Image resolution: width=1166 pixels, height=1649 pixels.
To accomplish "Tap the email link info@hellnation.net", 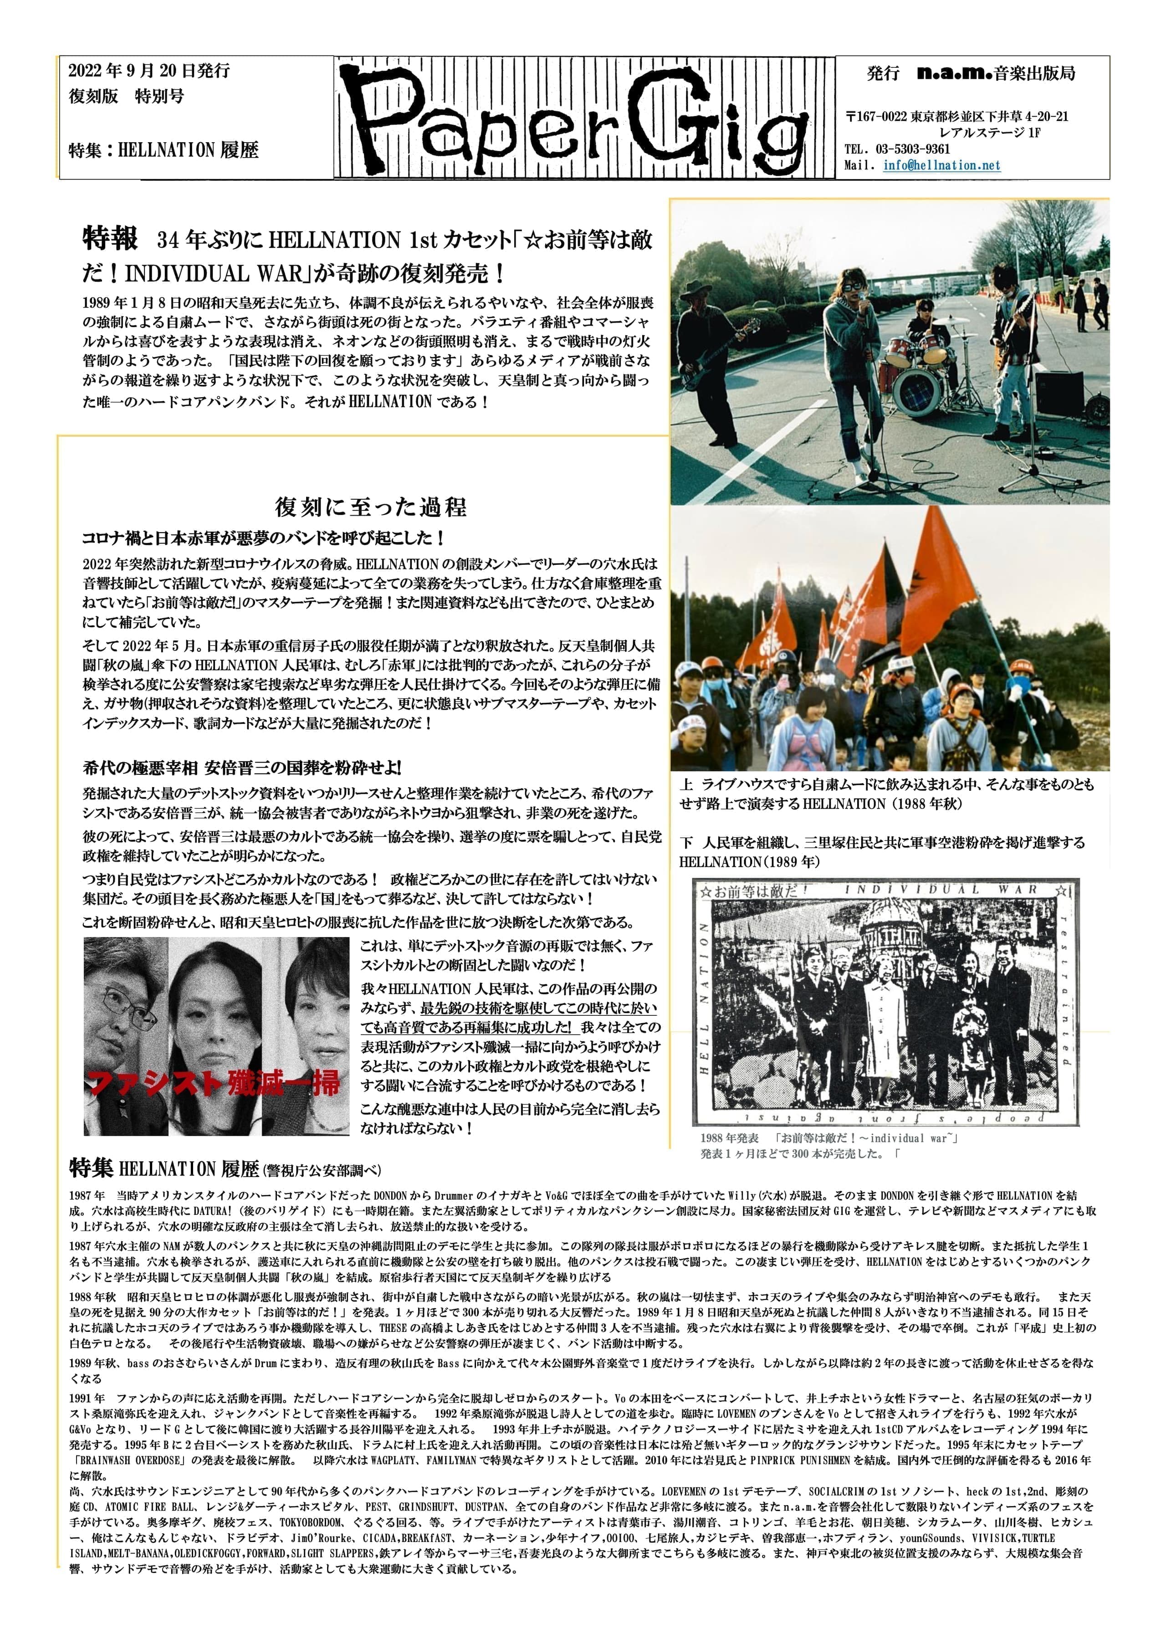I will coord(941,165).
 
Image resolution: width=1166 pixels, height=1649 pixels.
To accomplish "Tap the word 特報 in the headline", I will coord(110,239).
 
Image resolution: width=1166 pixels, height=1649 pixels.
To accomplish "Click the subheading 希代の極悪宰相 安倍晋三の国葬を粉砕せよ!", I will coord(242,768).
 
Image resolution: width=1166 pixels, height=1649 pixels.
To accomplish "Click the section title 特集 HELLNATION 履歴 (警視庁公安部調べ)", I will coord(225,1168).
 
